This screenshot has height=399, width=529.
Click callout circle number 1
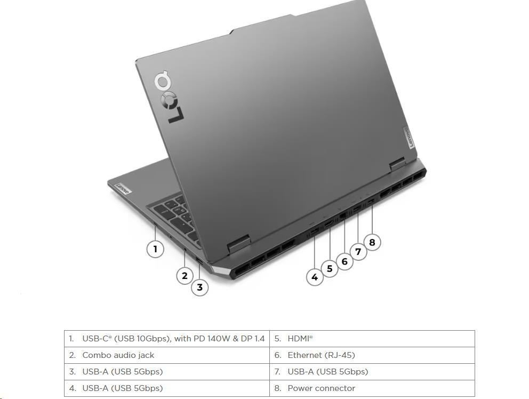coord(155,249)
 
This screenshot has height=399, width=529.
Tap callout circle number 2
coord(185,275)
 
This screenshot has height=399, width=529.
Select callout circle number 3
coord(200,288)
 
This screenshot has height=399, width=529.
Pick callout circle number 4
coord(315,277)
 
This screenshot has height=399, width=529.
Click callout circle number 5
coord(330,269)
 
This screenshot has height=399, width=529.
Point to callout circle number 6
coord(344,261)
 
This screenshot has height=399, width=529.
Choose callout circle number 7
coord(358,251)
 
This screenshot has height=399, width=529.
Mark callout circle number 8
coord(372,242)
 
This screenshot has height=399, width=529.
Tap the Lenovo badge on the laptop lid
coord(409,138)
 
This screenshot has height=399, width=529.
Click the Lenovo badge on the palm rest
coord(122,189)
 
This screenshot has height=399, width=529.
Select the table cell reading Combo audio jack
coord(167,355)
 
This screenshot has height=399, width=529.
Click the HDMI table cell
coord(372,339)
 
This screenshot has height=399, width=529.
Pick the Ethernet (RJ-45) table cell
coord(372,355)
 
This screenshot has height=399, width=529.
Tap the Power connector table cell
coord(372,388)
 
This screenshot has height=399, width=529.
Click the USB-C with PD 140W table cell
coord(167,339)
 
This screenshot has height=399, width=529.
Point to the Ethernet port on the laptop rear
coord(343,216)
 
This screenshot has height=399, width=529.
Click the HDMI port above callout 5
coord(328,224)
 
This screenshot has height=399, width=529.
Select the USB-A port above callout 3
coord(199,261)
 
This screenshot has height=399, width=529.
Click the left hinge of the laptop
coord(239,244)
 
